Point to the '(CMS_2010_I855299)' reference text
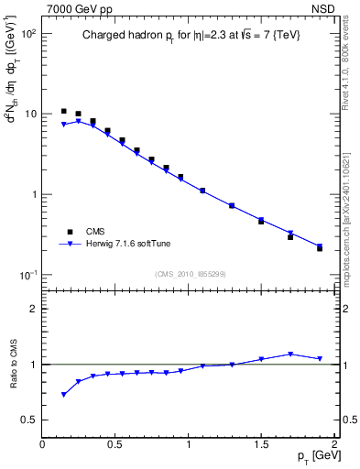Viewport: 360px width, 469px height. click(x=190, y=273)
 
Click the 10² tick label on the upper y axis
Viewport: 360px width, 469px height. click(x=28, y=33)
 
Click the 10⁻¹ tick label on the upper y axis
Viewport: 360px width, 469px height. click(x=27, y=275)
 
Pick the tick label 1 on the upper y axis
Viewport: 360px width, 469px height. click(x=32, y=194)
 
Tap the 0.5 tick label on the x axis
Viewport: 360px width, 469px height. click(x=115, y=444)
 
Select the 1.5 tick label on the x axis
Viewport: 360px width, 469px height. click(x=261, y=444)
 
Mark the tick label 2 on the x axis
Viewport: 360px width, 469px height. click(x=334, y=444)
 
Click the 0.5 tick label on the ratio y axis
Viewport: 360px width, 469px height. click(x=27, y=420)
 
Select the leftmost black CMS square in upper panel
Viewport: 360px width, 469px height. click(x=63, y=111)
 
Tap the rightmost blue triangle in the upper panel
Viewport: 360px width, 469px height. click(x=320, y=245)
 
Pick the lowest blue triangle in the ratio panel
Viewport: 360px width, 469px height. click(x=63, y=395)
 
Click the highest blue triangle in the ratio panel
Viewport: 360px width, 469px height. click(x=290, y=354)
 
